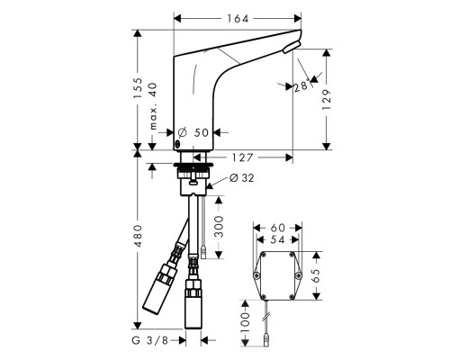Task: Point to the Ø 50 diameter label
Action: click(x=196, y=133)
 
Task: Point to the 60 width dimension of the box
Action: click(x=277, y=229)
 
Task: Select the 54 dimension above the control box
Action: click(x=277, y=242)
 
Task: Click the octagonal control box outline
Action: click(x=277, y=275)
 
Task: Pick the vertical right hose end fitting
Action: click(x=193, y=306)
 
